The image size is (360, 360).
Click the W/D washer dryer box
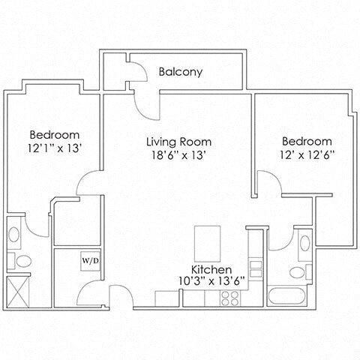pos(89,261)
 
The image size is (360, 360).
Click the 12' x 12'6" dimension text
pos(307,155)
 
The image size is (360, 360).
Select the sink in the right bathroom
pos(303,243)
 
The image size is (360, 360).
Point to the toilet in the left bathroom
pos(22,262)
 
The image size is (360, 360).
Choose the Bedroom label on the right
pos(307,141)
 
